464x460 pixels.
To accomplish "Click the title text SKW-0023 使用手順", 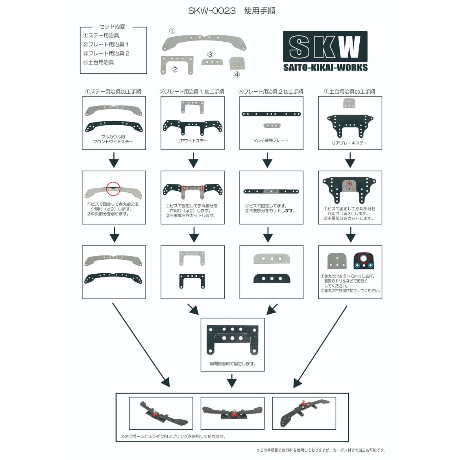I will pyautogui.click(x=232, y=11).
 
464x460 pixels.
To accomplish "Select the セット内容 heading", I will pyautogui.click(x=112, y=26).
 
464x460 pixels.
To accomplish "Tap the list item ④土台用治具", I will pyautogui.click(x=98, y=62).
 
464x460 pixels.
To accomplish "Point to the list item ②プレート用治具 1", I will pyautogui.click(x=105, y=44).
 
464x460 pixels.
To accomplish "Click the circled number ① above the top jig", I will pyautogui.click(x=172, y=31).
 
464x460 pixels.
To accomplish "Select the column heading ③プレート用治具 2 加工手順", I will pyautogui.click(x=271, y=91).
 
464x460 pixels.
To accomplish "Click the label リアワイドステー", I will pyautogui.click(x=192, y=141).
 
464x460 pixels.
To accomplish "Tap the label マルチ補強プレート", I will pyautogui.click(x=271, y=140).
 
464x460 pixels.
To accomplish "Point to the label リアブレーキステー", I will pyautogui.click(x=349, y=143).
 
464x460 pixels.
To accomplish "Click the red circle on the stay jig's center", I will pyautogui.click(x=114, y=188).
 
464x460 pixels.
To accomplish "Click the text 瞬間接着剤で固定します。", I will pyautogui.click(x=233, y=364).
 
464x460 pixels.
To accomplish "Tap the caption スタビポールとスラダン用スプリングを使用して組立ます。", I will pyautogui.click(x=173, y=436).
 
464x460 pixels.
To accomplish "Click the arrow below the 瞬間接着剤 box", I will pyautogui.click(x=232, y=381).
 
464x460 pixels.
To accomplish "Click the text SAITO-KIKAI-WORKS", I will pyautogui.click(x=325, y=68).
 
